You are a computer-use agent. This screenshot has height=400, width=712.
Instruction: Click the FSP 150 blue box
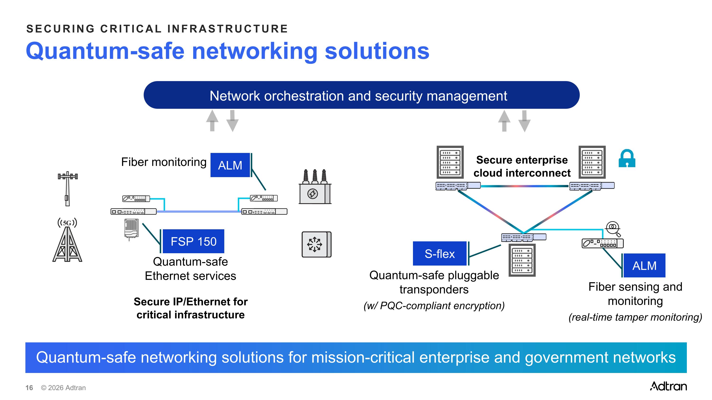pos(193,241)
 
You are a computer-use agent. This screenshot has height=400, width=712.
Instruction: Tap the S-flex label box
pos(440,253)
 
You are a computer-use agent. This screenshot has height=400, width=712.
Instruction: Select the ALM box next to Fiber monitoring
pos(230,165)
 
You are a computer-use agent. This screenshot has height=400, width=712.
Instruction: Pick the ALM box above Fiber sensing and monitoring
pos(644,266)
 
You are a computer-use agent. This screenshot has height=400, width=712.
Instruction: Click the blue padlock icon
pos(627,158)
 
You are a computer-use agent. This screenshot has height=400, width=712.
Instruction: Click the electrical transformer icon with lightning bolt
pos(315,187)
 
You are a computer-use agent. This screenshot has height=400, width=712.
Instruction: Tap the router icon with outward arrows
pos(316,244)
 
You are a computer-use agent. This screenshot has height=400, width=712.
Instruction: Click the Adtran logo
pos(668,386)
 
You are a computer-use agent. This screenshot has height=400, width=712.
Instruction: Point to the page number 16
pos(29,388)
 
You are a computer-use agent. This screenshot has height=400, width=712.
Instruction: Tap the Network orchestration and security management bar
pos(361,95)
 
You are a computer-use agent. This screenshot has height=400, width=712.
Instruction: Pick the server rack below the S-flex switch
pos(522,260)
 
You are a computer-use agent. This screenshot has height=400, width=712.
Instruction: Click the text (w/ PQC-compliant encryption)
pos(434,306)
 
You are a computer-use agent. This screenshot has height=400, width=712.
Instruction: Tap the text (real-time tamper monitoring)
pos(635,317)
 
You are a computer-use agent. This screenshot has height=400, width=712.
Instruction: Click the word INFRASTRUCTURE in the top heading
pos(227,29)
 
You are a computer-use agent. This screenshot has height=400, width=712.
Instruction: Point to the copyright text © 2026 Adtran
pos(63,388)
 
